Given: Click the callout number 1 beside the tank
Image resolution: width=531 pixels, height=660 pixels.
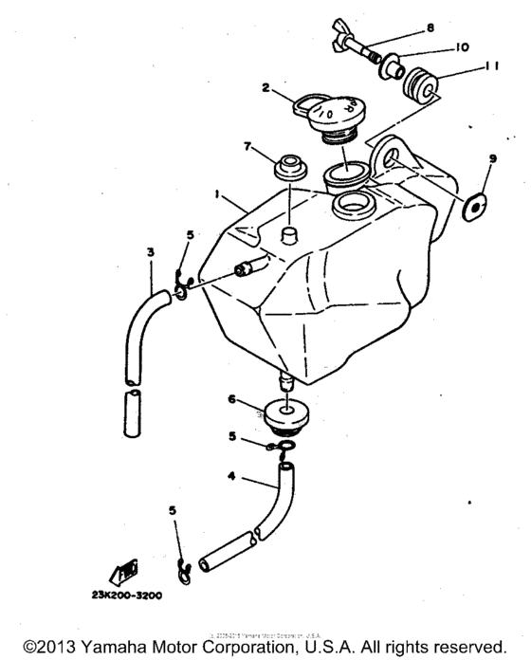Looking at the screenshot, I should [219, 194].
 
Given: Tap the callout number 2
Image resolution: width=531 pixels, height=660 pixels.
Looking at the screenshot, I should [268, 88].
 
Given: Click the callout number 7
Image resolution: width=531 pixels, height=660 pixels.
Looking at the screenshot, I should [247, 147].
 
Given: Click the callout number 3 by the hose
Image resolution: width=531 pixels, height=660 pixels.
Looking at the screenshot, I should [150, 252].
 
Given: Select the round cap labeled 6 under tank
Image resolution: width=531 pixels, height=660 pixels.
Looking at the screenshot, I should [281, 414].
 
